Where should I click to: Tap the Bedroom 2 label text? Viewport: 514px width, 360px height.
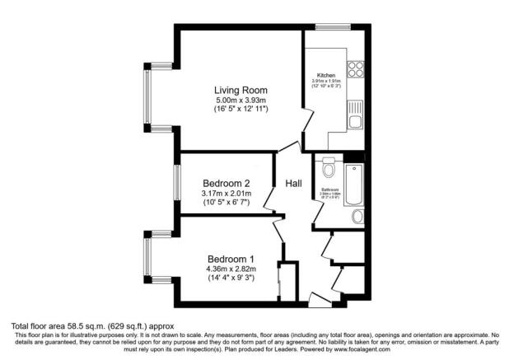(226, 184)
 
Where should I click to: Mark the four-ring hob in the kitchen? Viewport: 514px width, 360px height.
(356, 70)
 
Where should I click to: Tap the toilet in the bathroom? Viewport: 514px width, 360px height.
(329, 169)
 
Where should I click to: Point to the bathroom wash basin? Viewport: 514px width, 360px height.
(357, 216)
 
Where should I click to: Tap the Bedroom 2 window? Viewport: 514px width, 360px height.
(176, 182)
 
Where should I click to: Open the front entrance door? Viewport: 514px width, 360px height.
(315, 297)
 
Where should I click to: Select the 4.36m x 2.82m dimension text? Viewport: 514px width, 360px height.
(231, 269)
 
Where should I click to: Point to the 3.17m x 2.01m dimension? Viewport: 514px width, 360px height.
(226, 194)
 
